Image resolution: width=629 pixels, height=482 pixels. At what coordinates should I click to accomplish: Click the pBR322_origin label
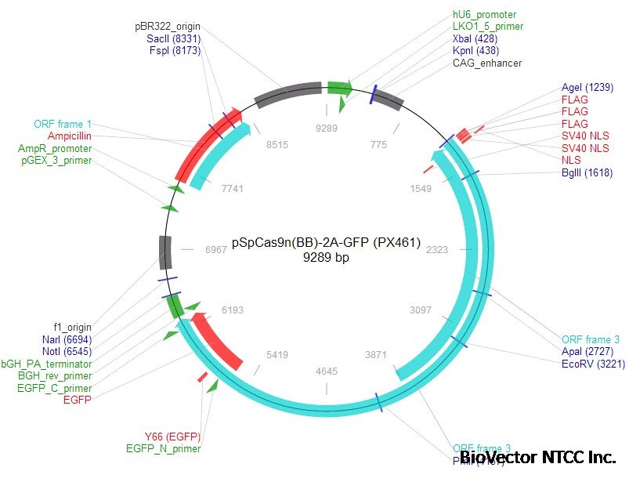coord(168,27)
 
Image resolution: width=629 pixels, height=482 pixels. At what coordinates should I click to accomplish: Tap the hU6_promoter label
coord(484,15)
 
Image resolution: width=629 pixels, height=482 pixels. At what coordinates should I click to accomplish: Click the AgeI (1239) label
coord(587,88)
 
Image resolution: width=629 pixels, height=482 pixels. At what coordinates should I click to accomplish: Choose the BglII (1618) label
coord(587,173)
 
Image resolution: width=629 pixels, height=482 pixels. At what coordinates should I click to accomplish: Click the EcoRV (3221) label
coord(588,364)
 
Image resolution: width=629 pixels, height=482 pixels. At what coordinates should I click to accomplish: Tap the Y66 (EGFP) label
coord(172,437)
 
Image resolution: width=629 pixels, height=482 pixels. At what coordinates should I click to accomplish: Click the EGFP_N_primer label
coord(163,449)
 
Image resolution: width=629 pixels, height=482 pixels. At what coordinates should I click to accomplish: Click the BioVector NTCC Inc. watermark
coord(537,458)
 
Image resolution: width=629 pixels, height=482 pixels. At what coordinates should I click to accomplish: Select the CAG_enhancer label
coord(486,63)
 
